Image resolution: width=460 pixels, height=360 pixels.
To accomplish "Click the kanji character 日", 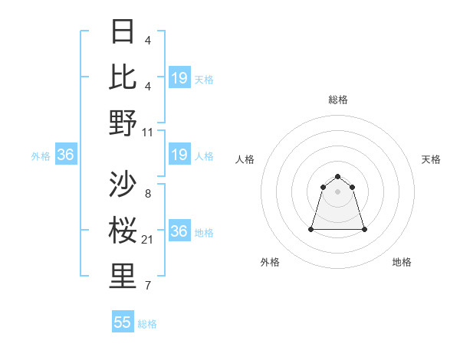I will pyautogui.click(x=123, y=32).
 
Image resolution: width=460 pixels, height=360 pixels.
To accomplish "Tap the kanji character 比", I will pyautogui.click(x=123, y=76).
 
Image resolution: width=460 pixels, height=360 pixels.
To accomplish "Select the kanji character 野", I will pyautogui.click(x=123, y=123).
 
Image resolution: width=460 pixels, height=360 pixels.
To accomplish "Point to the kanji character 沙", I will pyautogui.click(x=123, y=184).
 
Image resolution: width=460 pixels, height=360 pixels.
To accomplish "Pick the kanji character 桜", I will pyautogui.click(x=123, y=231).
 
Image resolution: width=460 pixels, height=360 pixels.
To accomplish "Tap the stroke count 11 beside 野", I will pyautogui.click(x=148, y=132).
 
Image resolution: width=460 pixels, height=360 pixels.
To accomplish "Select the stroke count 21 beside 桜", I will pyautogui.click(x=148, y=240).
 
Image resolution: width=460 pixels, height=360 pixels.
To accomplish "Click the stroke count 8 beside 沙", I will pyautogui.click(x=148, y=193).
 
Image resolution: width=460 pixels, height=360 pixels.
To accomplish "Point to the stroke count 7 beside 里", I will pyautogui.click(x=148, y=286).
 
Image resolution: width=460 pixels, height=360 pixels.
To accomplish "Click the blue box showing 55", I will pyautogui.click(x=123, y=322).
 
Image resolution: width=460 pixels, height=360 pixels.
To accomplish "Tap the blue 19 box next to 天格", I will pyautogui.click(x=179, y=78).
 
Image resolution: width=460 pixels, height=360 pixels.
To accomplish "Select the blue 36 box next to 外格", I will pyautogui.click(x=65, y=155).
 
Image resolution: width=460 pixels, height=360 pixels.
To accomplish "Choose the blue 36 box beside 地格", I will pyautogui.click(x=179, y=232).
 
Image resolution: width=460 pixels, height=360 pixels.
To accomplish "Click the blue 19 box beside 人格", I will pyautogui.click(x=179, y=155).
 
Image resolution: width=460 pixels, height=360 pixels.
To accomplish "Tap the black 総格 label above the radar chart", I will pyautogui.click(x=338, y=100).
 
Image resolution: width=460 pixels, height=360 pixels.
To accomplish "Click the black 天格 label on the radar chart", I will pyautogui.click(x=432, y=159).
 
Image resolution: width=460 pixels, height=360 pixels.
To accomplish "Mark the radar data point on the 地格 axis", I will pyautogui.click(x=364, y=229).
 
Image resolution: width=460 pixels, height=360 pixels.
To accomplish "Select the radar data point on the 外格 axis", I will pyautogui.click(x=311, y=229).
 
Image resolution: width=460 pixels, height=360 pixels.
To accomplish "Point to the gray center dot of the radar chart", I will pyautogui.click(x=338, y=191).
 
